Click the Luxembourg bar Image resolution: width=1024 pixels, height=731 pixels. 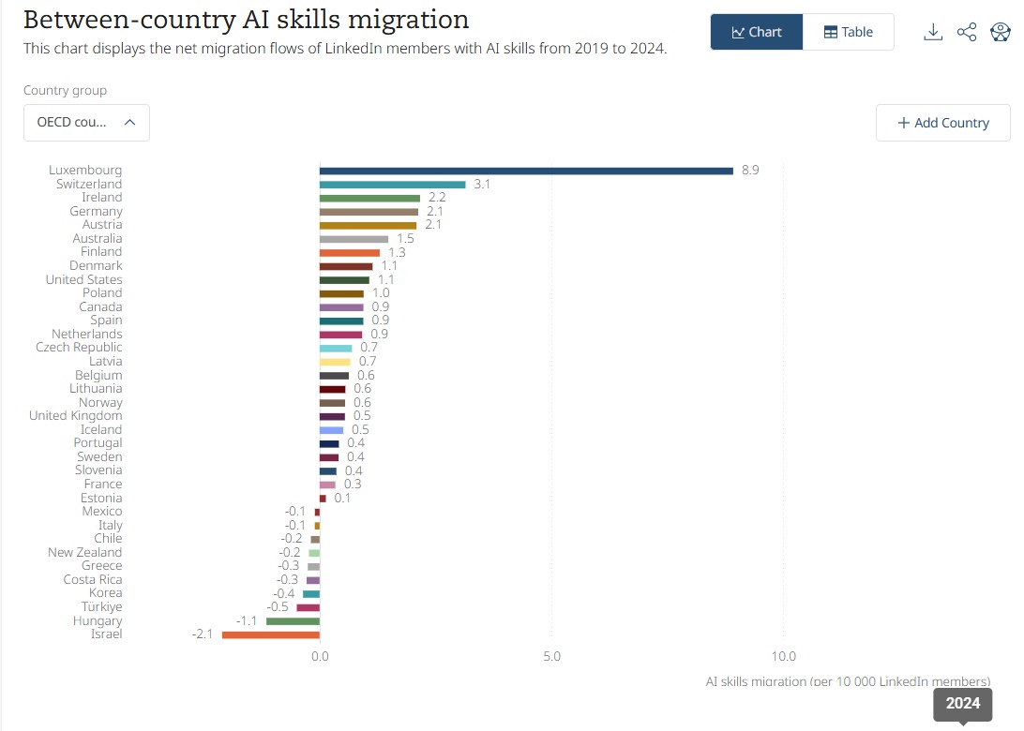(525, 171)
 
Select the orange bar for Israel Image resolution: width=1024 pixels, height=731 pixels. (270, 634)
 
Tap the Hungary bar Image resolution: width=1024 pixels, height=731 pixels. (293, 621)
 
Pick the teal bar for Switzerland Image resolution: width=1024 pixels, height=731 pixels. (392, 185)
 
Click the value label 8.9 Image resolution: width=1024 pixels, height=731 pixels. (749, 171)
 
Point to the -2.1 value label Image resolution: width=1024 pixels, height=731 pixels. (203, 634)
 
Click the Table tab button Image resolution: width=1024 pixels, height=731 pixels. (848, 32)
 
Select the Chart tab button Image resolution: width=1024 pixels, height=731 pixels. (756, 32)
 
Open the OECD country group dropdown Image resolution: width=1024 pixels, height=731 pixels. (86, 123)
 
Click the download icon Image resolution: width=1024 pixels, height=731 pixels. (932, 32)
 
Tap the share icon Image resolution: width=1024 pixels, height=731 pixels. (967, 32)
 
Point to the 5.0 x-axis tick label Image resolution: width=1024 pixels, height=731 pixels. (551, 656)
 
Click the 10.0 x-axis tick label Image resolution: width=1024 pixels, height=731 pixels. (783, 656)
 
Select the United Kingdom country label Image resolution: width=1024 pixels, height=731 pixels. (75, 416)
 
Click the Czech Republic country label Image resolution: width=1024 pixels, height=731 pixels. (79, 348)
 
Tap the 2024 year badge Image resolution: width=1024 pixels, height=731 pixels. (962, 704)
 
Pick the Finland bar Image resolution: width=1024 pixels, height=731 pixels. (349, 252)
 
